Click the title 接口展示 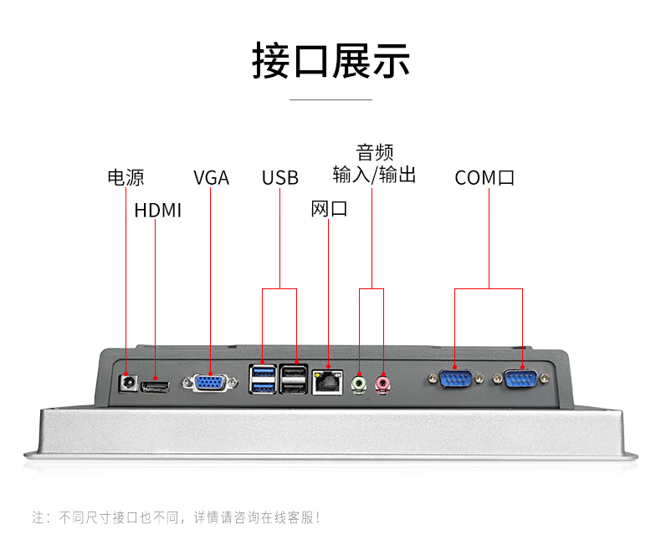click(330, 62)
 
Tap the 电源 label click(126, 177)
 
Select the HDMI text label click(157, 211)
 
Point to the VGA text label click(211, 178)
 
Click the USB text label click(279, 178)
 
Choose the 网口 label click(329, 209)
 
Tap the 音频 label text click(374, 153)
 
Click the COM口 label click(484, 178)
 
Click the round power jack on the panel click(128, 383)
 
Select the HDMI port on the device click(155, 384)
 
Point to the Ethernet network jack click(327, 382)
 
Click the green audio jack click(359, 383)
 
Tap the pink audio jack click(383, 383)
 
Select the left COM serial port click(454, 379)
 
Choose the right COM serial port click(523, 379)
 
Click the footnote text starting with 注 click(176, 517)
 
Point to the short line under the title click(330, 99)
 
